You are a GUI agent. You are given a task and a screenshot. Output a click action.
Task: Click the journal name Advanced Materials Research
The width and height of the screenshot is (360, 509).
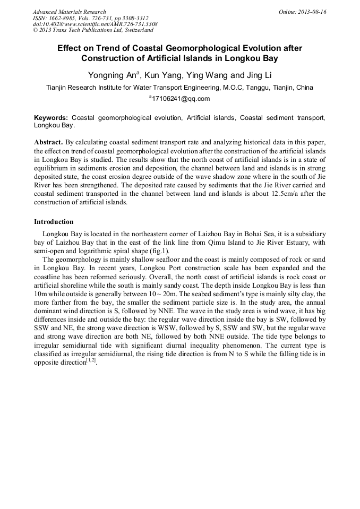[69, 12]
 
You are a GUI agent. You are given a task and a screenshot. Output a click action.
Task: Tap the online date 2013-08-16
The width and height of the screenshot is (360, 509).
[311, 12]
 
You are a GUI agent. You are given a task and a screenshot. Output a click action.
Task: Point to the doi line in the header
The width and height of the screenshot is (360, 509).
[95, 24]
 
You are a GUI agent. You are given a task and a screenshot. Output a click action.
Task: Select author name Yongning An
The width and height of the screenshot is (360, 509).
[111, 74]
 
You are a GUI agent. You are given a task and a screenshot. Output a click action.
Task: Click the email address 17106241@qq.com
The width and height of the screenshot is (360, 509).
[181, 99]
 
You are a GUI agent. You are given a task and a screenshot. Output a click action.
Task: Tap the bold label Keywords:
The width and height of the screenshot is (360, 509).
[51, 117]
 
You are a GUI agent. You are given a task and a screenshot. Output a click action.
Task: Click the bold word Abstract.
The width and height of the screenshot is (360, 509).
[48, 143]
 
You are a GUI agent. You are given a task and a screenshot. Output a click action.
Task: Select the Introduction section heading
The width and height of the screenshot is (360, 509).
[54, 221]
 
